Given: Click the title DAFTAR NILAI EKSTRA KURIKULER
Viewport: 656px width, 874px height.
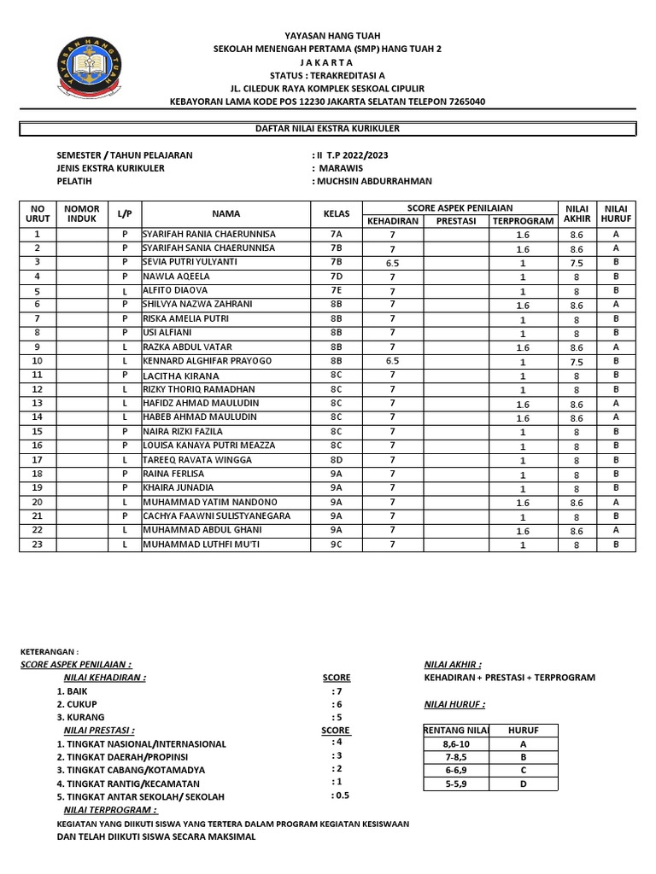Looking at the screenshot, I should click(328, 129).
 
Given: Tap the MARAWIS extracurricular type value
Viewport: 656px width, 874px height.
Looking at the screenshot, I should click(343, 168).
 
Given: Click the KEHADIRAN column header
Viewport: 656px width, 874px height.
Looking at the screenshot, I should click(392, 221).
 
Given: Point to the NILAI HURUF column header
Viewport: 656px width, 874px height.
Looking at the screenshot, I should click(615, 213).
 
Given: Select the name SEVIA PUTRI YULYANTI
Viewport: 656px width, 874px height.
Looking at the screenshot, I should click(202, 262).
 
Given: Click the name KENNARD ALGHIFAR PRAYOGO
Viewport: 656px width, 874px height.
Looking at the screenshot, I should click(208, 361).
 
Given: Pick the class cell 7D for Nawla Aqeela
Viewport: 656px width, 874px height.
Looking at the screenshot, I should click(336, 277).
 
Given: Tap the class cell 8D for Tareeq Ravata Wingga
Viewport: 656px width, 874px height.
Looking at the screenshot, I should click(336, 460).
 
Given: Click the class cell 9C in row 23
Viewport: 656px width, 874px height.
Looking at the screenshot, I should click(336, 545).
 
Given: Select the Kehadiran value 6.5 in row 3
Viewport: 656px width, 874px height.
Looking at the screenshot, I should click(392, 263).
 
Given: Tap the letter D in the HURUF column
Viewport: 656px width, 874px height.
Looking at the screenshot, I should click(524, 784).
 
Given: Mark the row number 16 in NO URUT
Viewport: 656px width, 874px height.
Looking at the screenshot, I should click(37, 446).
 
